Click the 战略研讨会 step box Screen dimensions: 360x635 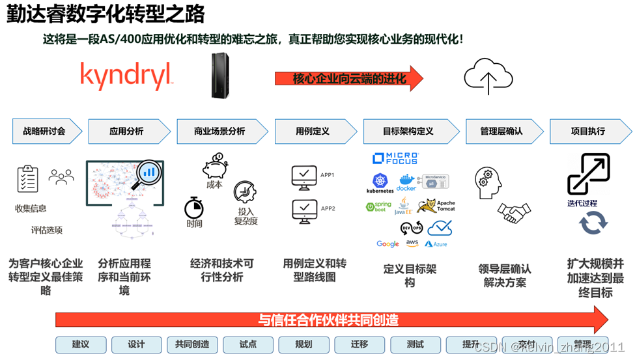click(46, 131)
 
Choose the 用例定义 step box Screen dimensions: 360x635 click(314, 131)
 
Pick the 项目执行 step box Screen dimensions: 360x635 click(587, 131)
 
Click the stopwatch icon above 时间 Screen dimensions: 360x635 click(194, 208)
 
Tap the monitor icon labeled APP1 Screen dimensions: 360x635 click(304, 176)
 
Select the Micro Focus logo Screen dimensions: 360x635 click(395, 158)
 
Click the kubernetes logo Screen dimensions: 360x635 click(380, 183)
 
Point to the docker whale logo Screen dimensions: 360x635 click(406, 181)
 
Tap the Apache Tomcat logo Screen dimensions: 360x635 click(436, 206)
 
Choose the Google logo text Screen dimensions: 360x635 click(388, 244)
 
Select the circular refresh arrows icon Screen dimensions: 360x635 click(593, 223)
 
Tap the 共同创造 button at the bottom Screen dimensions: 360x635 click(192, 344)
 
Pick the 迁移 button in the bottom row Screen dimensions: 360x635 click(360, 344)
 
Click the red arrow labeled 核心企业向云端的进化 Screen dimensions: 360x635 click(349, 79)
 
